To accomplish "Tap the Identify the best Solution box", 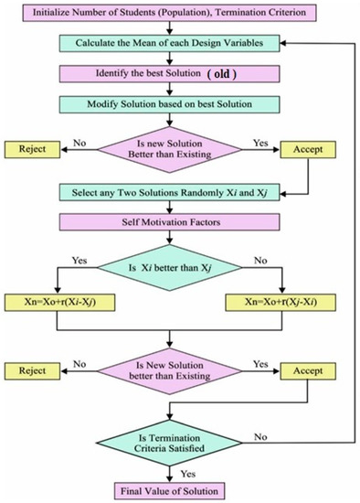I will click(x=163, y=73).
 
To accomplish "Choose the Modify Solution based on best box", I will click(x=163, y=102).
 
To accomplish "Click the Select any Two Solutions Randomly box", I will click(x=163, y=193).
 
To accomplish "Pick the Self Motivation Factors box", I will click(x=163, y=222).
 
